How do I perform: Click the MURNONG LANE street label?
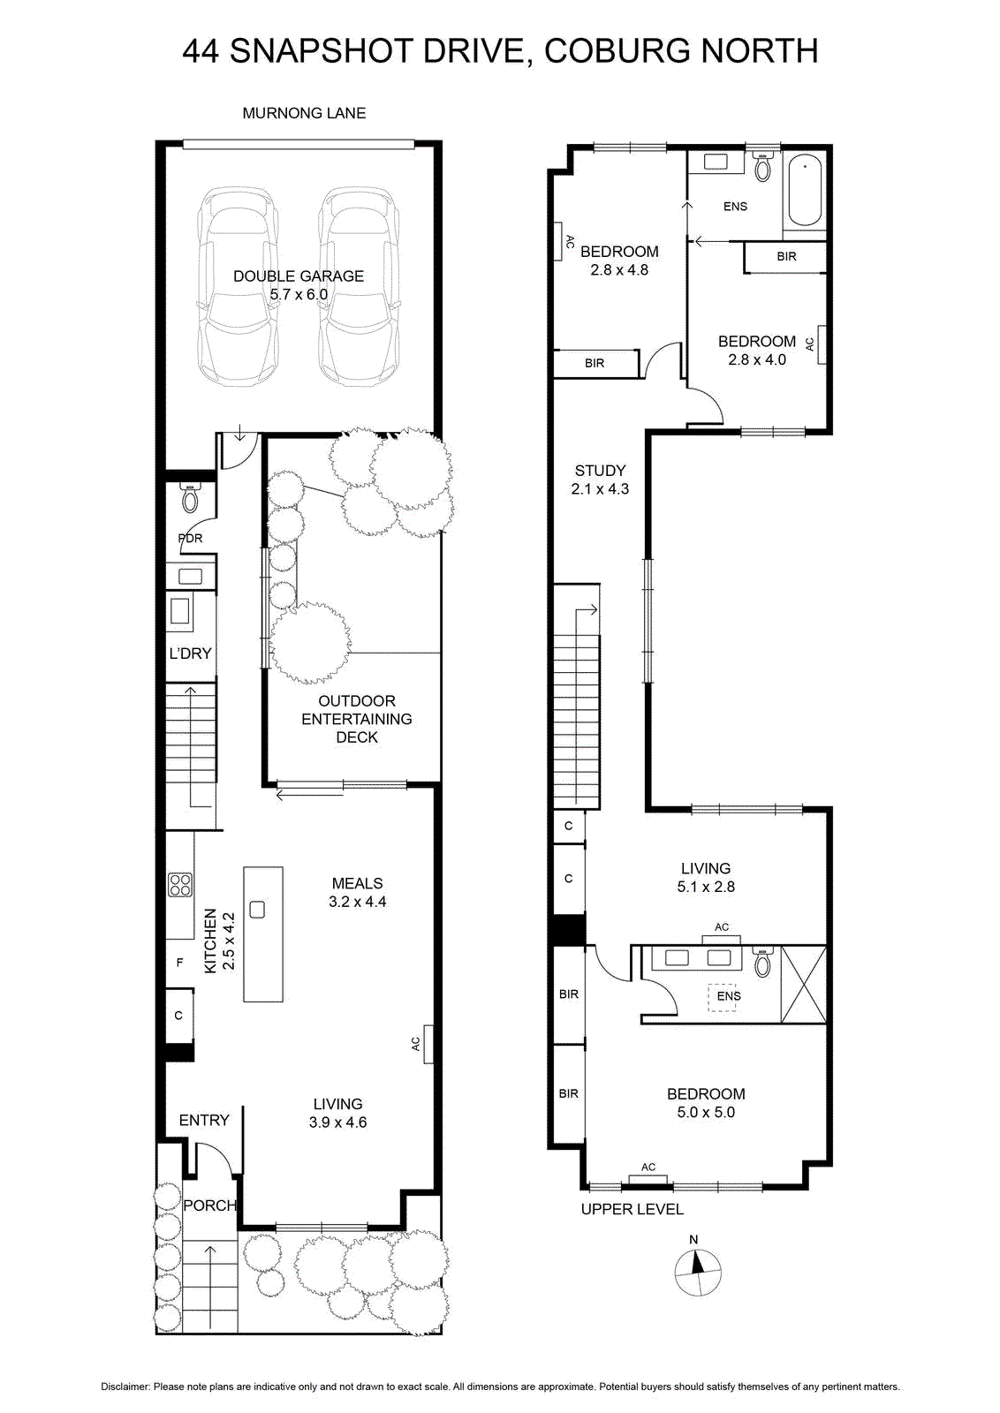point(304,113)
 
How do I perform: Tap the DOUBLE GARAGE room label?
point(299,276)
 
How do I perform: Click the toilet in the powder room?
point(190,498)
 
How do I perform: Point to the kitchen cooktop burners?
point(180,884)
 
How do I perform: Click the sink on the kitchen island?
point(257,909)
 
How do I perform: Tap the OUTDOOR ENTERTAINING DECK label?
point(357,719)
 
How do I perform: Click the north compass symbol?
point(697,1271)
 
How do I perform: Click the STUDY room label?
point(600,471)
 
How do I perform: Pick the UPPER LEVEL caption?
point(633,1209)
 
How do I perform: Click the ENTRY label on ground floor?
point(204,1121)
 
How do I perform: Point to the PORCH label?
point(209,1205)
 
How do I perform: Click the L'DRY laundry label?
point(190,654)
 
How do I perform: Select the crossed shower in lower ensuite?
point(803,984)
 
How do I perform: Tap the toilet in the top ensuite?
point(762,167)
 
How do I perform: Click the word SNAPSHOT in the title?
point(320,51)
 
